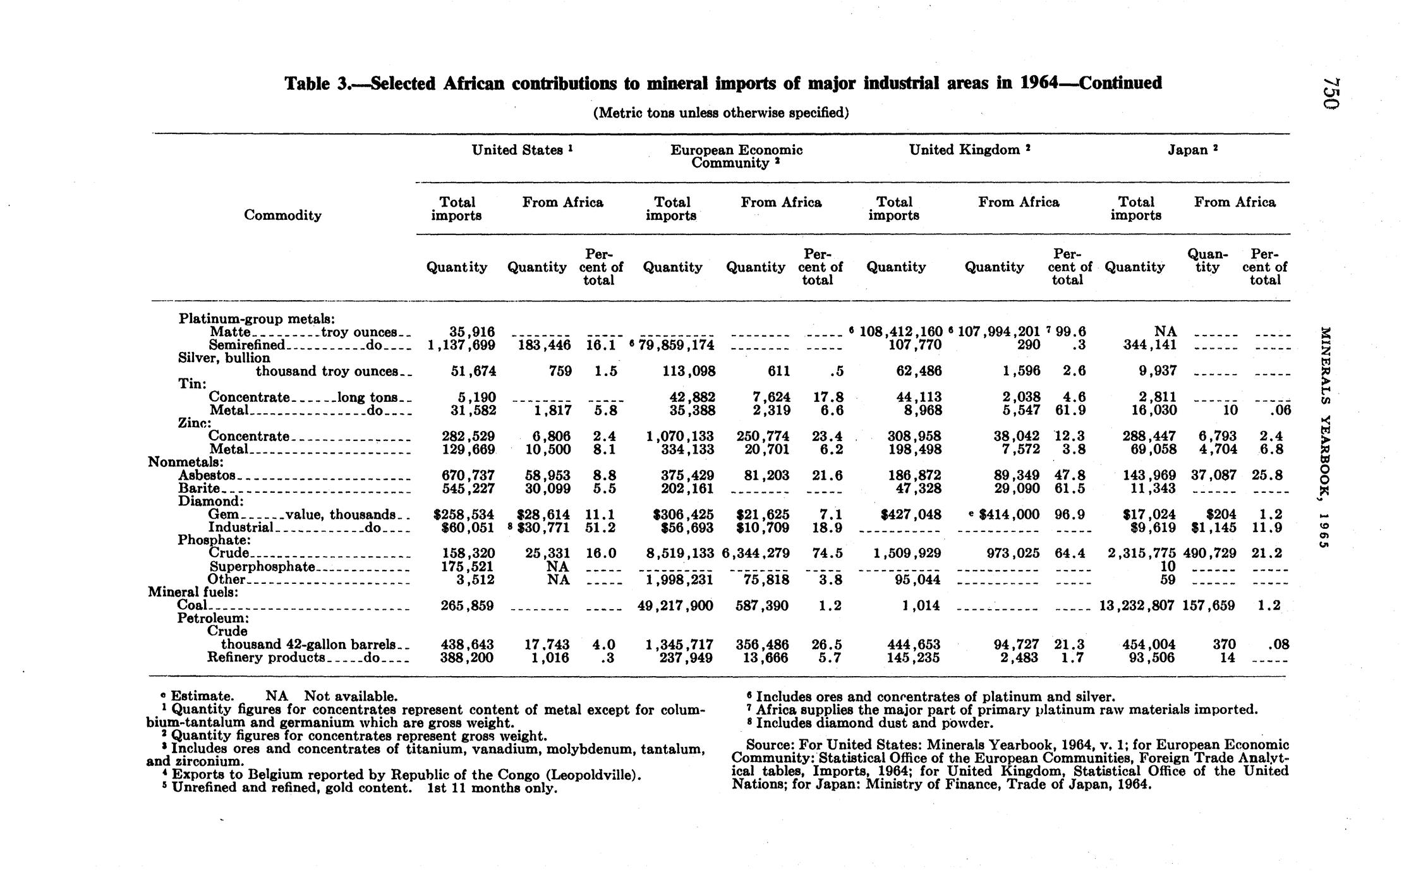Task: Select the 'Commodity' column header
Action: (x=282, y=215)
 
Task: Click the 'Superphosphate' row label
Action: (x=262, y=566)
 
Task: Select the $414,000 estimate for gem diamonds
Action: (x=1008, y=514)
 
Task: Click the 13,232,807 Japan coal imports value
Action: (x=1137, y=605)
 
